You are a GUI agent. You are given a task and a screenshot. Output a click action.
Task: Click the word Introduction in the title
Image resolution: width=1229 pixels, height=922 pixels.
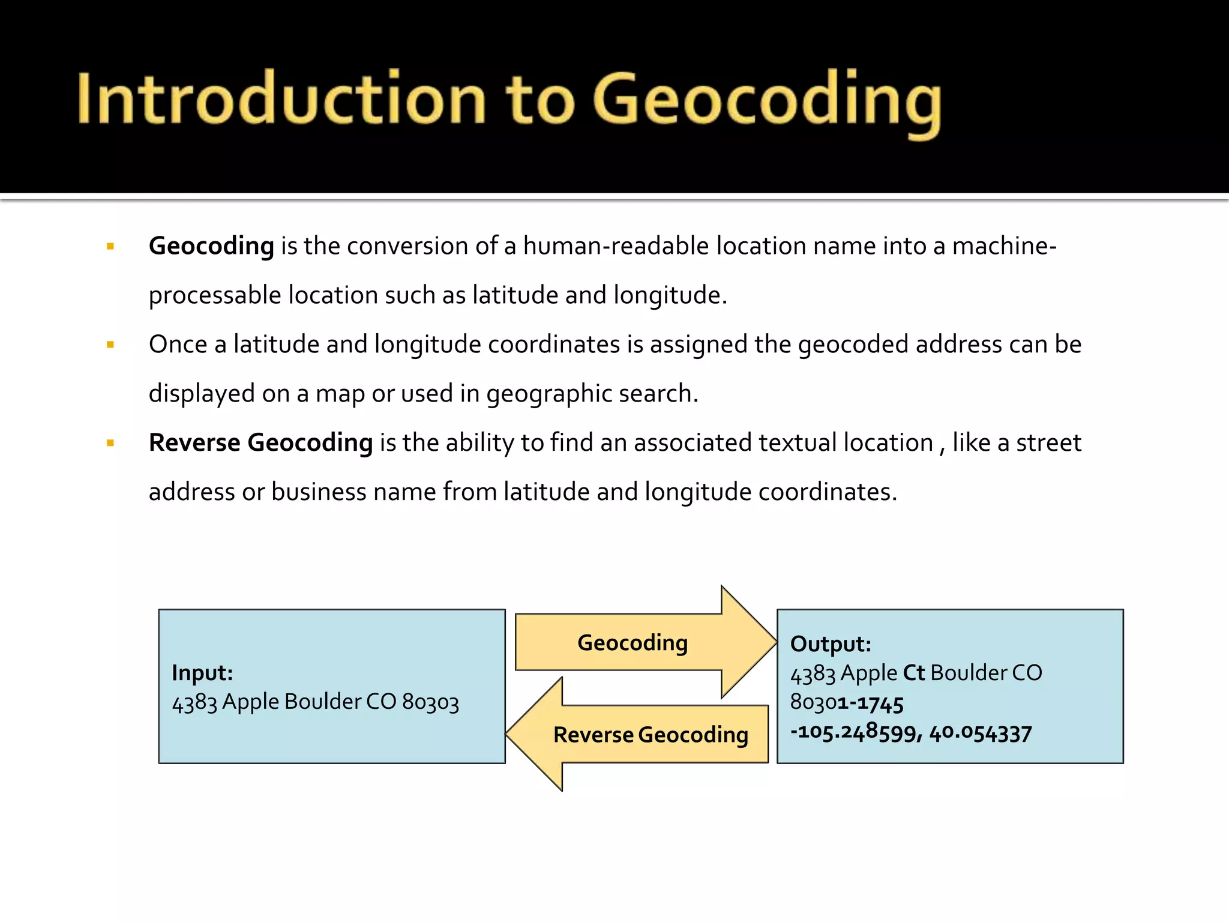click(x=281, y=99)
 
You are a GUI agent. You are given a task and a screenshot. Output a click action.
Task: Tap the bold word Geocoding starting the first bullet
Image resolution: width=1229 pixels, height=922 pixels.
click(x=211, y=246)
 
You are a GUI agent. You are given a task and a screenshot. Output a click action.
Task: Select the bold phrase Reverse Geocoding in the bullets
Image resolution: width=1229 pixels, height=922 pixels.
click(x=260, y=443)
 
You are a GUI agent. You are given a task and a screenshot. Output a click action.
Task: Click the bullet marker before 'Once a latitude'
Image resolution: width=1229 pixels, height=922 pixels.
click(x=110, y=345)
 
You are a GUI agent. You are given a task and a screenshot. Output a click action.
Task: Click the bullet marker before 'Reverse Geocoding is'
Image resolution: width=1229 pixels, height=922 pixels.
click(x=110, y=443)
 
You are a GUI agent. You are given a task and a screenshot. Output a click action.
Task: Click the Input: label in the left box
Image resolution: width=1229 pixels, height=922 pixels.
click(x=202, y=673)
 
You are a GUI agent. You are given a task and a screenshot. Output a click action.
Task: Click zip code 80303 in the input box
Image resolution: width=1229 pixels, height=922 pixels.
click(x=430, y=702)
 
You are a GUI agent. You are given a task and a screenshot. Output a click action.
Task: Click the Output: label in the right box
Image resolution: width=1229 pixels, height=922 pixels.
click(x=831, y=644)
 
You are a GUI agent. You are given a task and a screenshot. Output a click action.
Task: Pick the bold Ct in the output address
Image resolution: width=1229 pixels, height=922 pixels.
click(x=913, y=673)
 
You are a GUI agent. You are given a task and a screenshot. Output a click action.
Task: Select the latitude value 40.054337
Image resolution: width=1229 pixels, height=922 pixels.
click(x=981, y=732)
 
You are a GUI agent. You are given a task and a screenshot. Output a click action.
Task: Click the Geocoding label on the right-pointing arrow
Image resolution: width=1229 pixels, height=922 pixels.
click(x=633, y=643)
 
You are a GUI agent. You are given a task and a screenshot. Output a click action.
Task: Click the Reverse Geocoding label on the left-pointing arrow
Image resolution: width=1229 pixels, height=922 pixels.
click(x=651, y=735)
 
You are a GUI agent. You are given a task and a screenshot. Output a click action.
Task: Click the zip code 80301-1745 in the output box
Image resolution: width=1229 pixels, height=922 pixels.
click(x=846, y=702)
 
